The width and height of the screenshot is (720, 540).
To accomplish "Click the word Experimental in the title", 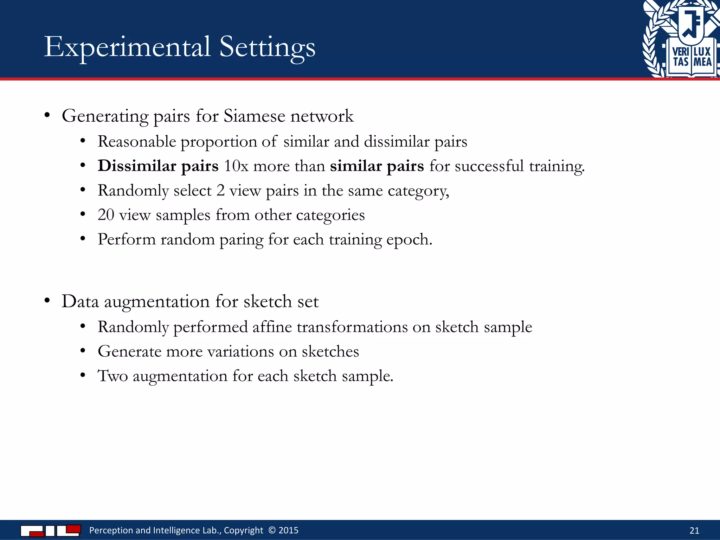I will click(127, 47).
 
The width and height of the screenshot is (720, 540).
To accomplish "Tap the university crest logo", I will click(681, 39).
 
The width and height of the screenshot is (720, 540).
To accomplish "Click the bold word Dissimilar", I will click(137, 166).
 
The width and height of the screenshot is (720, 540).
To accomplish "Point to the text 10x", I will click(236, 166).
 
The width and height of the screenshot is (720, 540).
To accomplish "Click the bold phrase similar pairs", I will click(377, 166).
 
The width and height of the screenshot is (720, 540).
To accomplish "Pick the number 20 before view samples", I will click(106, 215).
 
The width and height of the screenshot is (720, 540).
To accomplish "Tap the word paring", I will click(241, 240).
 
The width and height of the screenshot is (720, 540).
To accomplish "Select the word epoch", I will click(409, 240).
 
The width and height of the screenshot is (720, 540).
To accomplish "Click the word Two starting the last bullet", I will click(112, 376).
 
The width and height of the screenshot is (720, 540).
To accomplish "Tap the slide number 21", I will click(694, 531).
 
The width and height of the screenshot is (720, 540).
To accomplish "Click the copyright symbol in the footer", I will click(272, 530).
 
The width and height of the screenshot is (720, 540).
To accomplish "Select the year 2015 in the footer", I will click(288, 530).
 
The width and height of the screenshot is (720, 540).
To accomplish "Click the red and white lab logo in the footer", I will click(51, 530).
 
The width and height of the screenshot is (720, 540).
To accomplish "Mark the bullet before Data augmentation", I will click(47, 301).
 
